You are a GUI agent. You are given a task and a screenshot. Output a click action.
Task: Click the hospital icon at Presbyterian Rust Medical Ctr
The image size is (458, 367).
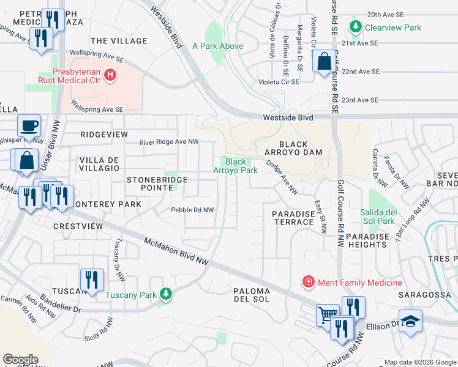pos(110,75)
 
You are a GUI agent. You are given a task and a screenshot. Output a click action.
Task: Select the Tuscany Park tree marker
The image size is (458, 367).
pos(165,295)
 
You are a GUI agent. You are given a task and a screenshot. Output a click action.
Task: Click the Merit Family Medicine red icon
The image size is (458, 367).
pos(307,282)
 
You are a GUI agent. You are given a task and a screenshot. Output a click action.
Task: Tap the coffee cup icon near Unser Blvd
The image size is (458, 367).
pos(29,126)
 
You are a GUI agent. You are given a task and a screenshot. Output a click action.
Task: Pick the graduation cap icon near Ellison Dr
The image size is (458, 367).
pos(410,321)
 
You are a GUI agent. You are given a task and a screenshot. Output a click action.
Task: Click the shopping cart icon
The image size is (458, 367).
pos(328,315)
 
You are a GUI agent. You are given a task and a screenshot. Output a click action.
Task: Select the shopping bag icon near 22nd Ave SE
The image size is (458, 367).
pos(324,62)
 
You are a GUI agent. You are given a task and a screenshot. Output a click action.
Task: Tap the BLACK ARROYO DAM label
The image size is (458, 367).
pos(293,147)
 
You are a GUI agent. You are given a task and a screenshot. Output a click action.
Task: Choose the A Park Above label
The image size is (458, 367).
pos(217,46)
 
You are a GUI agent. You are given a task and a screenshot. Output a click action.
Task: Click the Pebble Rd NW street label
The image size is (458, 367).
pos(192,210)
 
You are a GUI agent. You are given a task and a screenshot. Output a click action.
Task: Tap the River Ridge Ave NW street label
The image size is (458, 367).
pos(170,142)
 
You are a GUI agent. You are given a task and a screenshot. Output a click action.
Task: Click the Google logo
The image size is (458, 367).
pos(20,360)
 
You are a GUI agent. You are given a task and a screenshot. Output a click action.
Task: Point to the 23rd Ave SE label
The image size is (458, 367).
pos(359,100)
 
